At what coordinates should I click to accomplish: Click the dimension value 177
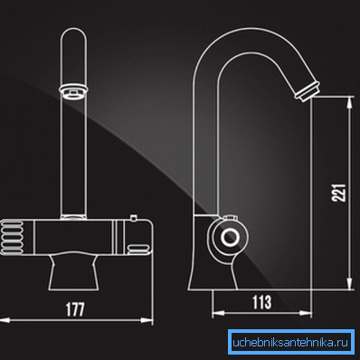pyautogui.click(x=75, y=309)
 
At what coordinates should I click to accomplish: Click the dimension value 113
pyautogui.click(x=261, y=302)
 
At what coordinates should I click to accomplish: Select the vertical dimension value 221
pyautogui.click(x=338, y=193)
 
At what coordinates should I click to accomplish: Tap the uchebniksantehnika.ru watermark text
pyautogui.click(x=290, y=343)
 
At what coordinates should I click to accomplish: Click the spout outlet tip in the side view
pyautogui.click(x=307, y=90)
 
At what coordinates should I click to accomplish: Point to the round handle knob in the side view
pyautogui.click(x=230, y=236)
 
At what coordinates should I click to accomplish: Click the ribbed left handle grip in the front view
pyautogui.click(x=12, y=237)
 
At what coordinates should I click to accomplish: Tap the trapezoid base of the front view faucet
pyautogui.click(x=74, y=272)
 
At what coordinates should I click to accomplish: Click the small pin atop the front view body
pyautogui.click(x=133, y=218)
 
